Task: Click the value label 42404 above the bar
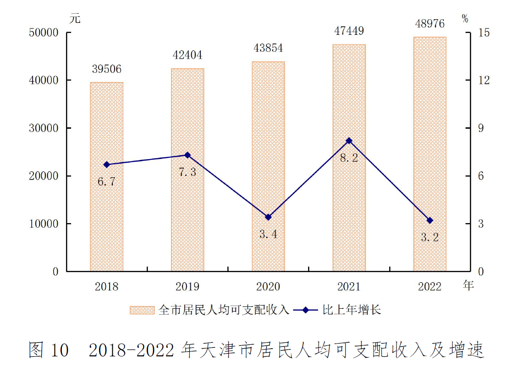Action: [187, 56]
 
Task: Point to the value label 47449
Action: [349, 31]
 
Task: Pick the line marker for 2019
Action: [187, 155]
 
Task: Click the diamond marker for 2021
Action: [349, 141]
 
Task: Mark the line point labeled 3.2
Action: [430, 220]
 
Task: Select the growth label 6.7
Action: [106, 182]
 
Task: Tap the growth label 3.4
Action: [268, 235]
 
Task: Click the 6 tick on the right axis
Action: [481, 176]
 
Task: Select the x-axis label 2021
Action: [349, 287]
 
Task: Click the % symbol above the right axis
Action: [465, 19]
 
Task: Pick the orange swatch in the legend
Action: [143, 310]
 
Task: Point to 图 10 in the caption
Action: [48, 351]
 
